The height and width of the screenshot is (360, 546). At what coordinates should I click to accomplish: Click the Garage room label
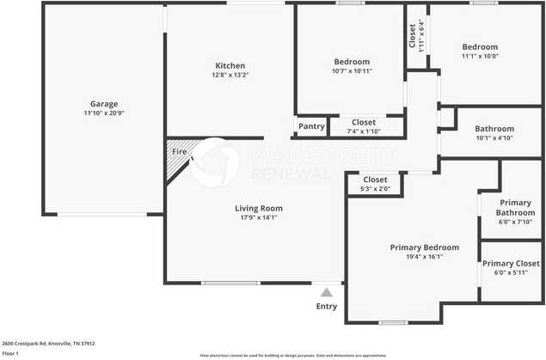pyautogui.click(x=104, y=104)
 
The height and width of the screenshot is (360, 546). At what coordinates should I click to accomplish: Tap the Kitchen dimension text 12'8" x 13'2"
pyautogui.click(x=230, y=75)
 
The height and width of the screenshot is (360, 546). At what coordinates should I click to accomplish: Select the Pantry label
pyautogui.click(x=311, y=127)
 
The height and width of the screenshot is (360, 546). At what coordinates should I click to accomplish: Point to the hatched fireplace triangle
pyautogui.click(x=176, y=157)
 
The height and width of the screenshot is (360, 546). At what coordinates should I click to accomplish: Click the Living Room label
pyautogui.click(x=259, y=208)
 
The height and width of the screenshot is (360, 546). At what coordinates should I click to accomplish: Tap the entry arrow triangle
pyautogui.click(x=326, y=293)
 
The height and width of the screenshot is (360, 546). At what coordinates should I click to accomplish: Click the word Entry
pyautogui.click(x=327, y=307)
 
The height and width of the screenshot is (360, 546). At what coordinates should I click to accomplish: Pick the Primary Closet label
pyautogui.click(x=511, y=264)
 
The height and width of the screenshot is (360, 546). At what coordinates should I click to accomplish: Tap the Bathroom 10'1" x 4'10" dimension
pyautogui.click(x=494, y=137)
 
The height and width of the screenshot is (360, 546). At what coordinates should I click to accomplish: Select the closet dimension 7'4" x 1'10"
pyautogui.click(x=363, y=131)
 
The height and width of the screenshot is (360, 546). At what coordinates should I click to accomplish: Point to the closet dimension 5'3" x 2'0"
pyautogui.click(x=375, y=189)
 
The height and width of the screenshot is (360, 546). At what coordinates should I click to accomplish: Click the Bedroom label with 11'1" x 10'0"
pyautogui.click(x=480, y=47)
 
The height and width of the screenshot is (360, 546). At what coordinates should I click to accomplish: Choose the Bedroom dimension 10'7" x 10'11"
pyautogui.click(x=352, y=71)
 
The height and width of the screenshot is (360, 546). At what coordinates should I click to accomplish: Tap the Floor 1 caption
pyautogui.click(x=11, y=353)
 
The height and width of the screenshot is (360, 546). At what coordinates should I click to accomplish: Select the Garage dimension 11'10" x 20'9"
pyautogui.click(x=104, y=113)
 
